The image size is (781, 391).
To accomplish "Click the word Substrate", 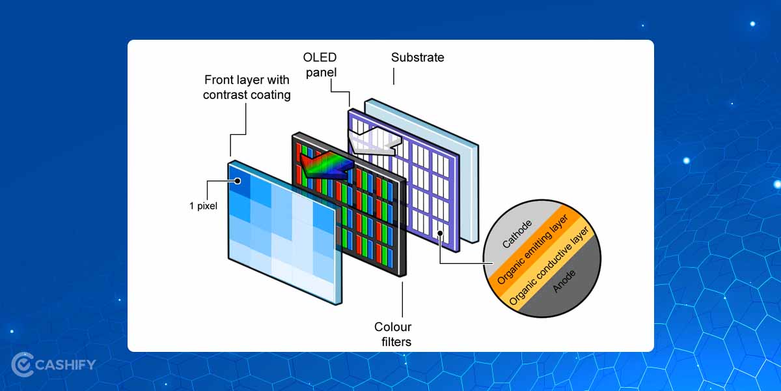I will click(417, 57).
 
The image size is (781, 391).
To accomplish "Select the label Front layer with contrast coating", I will click(247, 87).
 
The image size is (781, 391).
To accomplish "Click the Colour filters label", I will click(392, 334).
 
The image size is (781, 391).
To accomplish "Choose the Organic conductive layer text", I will click(549, 267).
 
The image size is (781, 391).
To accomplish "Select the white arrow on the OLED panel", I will click(372, 141).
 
